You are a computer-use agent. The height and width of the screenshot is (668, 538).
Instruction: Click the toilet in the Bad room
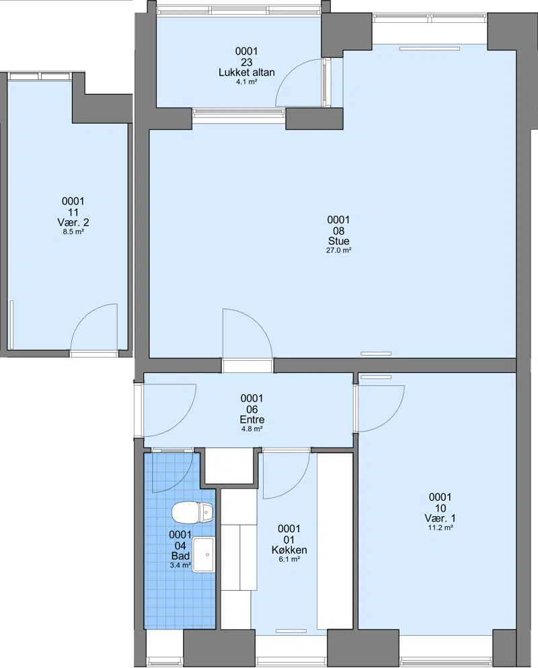(x=193, y=512)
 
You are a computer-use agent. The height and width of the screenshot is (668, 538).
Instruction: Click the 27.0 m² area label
(x=338, y=251)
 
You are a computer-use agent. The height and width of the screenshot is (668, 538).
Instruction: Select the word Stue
(x=338, y=241)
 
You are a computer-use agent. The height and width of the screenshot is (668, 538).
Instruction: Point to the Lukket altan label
(x=246, y=73)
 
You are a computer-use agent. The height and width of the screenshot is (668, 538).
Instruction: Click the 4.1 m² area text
(x=246, y=82)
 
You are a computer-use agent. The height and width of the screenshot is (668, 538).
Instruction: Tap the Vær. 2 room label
(x=73, y=222)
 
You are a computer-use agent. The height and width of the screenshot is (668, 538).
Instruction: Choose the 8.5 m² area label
(x=73, y=232)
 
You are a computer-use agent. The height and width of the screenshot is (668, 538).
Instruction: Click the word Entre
(x=252, y=419)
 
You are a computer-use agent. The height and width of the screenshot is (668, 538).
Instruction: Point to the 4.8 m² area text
(x=252, y=429)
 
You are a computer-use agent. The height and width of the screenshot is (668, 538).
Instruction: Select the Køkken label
(x=289, y=550)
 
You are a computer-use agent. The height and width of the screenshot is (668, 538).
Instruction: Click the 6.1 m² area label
(x=289, y=559)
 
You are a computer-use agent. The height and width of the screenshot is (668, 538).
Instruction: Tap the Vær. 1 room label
(x=440, y=518)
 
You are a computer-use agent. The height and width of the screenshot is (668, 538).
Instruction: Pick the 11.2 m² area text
(x=440, y=528)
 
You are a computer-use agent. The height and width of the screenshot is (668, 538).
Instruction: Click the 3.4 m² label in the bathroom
(x=180, y=566)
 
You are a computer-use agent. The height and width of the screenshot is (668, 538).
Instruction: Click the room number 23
(x=246, y=62)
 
